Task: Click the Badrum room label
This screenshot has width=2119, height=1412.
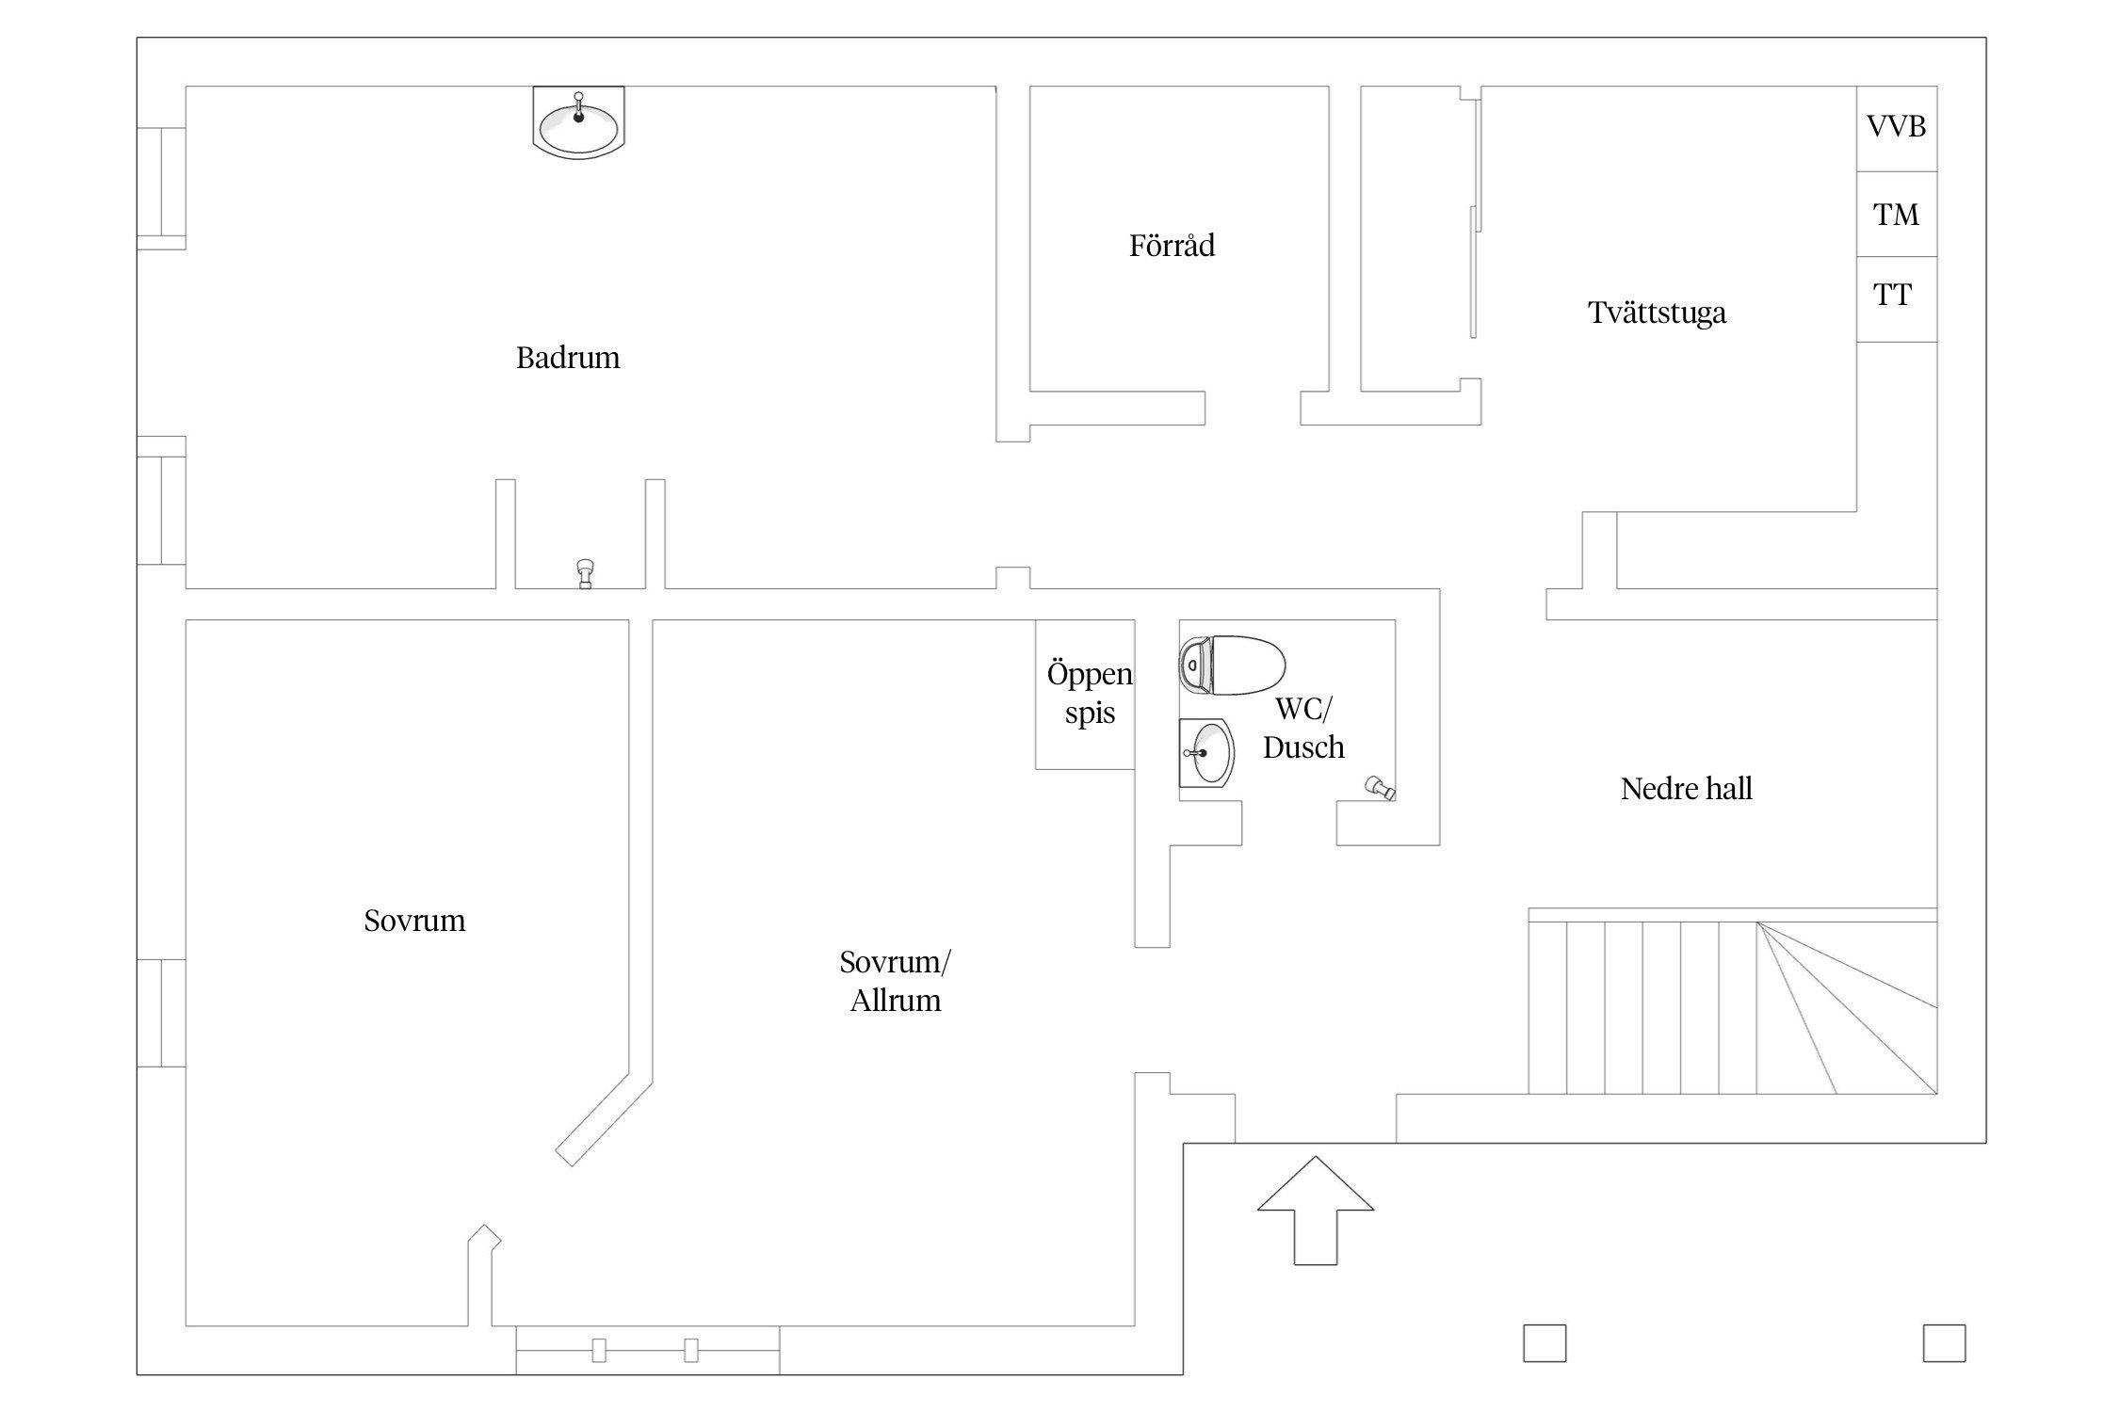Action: tap(568, 358)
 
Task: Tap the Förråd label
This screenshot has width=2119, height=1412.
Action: tap(1172, 245)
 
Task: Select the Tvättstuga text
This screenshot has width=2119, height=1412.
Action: tap(1657, 313)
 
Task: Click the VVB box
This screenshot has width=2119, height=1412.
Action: tap(1897, 128)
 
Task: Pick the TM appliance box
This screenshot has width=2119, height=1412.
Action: tap(1897, 214)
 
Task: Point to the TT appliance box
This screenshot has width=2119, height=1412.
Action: tap(1897, 298)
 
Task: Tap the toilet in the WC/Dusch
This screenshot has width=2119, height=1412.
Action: tap(1232, 665)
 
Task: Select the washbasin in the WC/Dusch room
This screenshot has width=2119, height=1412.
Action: tap(1206, 753)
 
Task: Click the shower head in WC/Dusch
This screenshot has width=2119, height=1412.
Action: tap(1381, 787)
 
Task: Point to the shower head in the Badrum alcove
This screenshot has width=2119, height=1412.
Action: tap(585, 573)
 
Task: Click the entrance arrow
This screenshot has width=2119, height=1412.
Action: tap(1315, 1210)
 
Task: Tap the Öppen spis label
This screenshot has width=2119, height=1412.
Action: tap(1090, 693)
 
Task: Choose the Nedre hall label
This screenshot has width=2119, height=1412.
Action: tap(1686, 789)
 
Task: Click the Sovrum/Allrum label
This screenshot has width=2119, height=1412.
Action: tap(895, 981)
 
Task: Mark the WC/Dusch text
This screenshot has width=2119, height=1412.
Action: tap(1303, 728)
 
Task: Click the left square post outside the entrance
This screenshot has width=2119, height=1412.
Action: tap(1545, 1343)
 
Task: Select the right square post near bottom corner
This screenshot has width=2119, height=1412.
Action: tap(1944, 1343)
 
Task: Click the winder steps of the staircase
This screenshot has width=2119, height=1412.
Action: tap(1847, 1008)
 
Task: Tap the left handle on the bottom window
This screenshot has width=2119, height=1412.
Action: tap(599, 1351)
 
